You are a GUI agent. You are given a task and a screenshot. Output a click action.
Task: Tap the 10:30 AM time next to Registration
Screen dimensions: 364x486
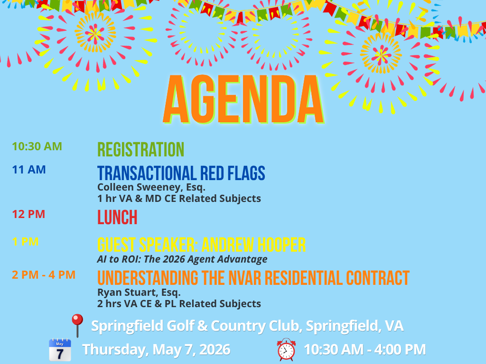37,146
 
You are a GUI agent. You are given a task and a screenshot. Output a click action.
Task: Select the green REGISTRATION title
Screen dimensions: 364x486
140,149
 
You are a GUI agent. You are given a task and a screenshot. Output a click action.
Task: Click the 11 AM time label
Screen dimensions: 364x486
29,169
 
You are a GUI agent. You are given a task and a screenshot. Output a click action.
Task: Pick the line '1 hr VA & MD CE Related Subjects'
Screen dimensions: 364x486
179,199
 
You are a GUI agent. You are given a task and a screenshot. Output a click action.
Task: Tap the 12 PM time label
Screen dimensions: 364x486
28,214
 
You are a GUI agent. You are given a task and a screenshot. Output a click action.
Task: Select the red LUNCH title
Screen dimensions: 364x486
117,218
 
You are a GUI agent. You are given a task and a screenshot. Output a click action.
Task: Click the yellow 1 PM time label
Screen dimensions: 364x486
25,242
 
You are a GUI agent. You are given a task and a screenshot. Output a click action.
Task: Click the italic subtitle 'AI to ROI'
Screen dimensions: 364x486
182,259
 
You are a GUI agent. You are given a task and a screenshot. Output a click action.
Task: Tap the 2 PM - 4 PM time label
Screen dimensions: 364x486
44,274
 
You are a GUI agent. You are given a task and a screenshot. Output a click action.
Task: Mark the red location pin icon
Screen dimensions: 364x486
76,325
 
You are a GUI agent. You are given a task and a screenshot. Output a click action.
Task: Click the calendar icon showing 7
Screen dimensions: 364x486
60,350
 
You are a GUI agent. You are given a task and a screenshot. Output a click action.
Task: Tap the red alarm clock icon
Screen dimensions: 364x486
286,350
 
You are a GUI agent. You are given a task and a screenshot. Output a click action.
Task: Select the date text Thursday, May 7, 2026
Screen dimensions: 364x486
156,350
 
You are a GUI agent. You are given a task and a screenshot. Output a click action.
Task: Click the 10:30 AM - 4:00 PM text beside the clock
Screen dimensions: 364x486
364,350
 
